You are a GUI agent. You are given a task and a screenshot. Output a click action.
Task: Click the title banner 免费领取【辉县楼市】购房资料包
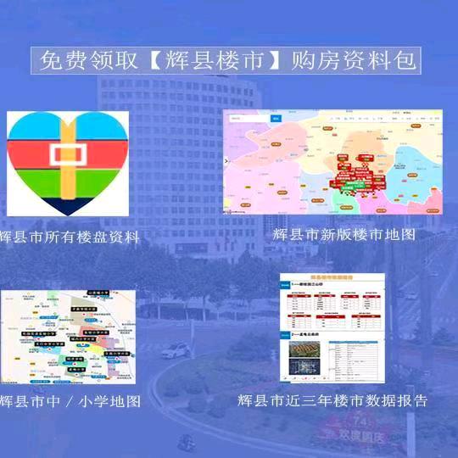[229, 61]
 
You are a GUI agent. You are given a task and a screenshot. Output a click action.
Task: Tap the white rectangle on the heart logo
[67, 155]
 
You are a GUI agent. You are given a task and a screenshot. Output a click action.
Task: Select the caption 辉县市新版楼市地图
[344, 234]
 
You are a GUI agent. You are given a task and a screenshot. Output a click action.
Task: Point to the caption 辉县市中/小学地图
[69, 400]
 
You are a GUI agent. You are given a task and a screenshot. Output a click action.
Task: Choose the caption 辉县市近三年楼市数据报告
[332, 399]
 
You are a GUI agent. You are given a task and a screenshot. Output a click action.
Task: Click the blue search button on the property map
[276, 118]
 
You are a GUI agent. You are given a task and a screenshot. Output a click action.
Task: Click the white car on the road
[175, 349]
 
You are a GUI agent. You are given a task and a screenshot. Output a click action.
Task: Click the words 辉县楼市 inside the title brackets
[221, 61]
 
